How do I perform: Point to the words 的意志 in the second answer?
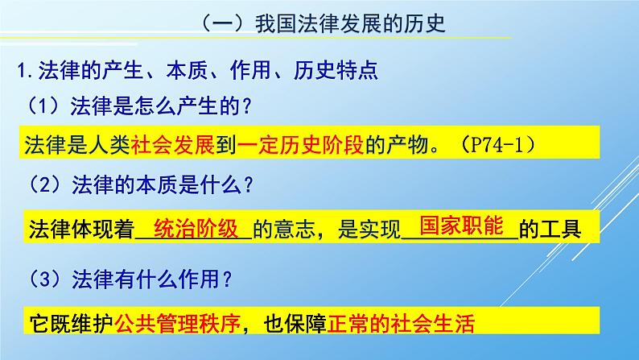(280, 230)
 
